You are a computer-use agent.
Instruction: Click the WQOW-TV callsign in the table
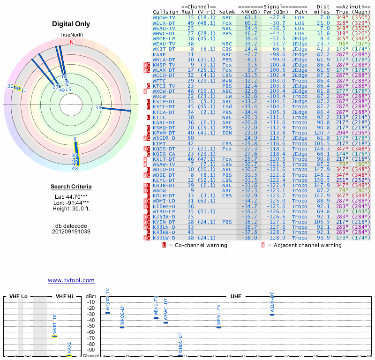tap(164, 17)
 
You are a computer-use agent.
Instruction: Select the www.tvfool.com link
tap(71, 280)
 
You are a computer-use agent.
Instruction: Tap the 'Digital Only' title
tap(71, 24)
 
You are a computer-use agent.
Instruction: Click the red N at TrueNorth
tap(72, 42)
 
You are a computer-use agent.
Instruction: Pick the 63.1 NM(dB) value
tap(247, 17)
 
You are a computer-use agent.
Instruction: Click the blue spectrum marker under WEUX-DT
tap(272, 314)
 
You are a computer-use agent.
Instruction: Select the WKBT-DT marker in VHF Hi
tap(54, 336)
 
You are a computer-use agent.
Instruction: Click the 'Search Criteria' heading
tap(71, 187)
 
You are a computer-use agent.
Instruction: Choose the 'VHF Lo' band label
tap(18, 297)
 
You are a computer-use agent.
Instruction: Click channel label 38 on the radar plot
tap(98, 108)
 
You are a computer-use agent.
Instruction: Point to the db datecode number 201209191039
tap(71, 232)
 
